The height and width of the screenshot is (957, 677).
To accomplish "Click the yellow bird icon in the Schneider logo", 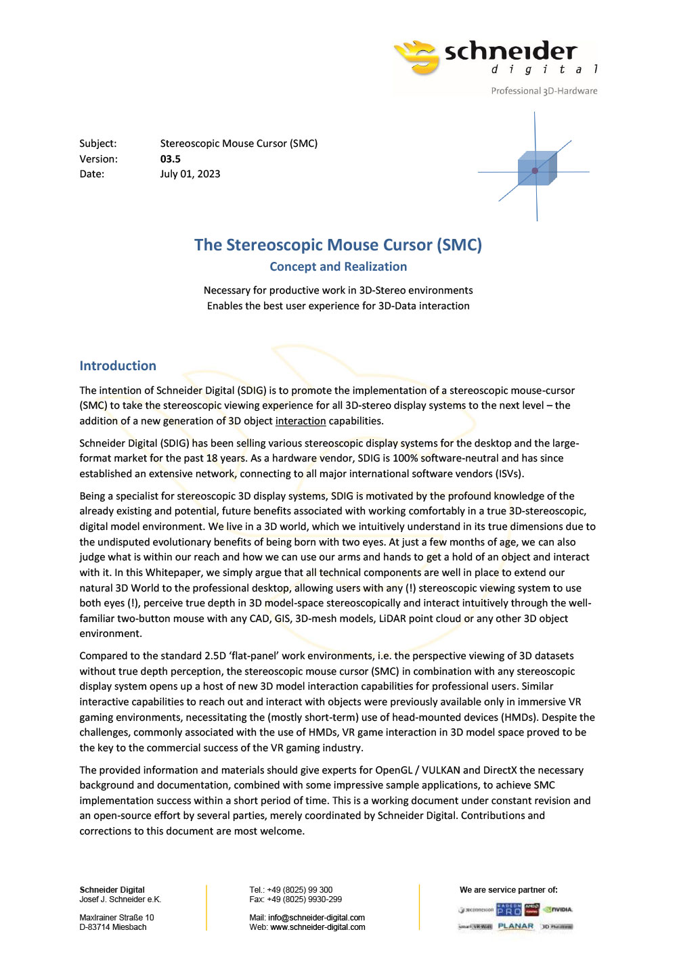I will point(417,57).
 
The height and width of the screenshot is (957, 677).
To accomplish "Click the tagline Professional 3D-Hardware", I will point(544,91).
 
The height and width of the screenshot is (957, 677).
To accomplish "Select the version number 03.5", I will point(170,159).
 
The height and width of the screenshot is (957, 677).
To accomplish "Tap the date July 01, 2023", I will point(190,174).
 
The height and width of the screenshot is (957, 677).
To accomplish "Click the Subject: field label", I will point(97,143).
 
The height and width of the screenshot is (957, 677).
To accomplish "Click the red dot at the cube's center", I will point(535,171).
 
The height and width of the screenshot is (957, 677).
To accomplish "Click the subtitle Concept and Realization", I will point(338,267).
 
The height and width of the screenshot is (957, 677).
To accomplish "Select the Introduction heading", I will point(118,365).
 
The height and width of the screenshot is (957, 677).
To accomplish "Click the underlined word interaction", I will point(301,421).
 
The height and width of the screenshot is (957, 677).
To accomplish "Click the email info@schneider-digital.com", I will point(316,918).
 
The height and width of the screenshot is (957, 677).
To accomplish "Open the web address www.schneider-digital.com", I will point(318,927).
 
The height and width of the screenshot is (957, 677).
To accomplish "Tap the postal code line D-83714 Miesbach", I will point(112,927).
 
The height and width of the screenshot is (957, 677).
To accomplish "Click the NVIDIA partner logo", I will point(559,910).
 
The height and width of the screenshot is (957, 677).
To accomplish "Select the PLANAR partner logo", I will point(515,927).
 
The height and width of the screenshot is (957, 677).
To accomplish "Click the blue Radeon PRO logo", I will point(509,910).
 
